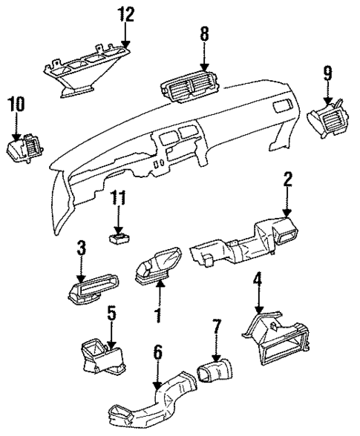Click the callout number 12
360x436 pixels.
126,14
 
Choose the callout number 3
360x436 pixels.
82,245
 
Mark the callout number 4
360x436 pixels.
258,280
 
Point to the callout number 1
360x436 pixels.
157,314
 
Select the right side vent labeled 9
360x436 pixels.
327,116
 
